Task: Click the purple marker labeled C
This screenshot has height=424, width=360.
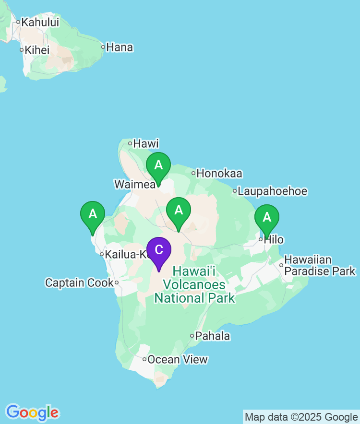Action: pos(159,250)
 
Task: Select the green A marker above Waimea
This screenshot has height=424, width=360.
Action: pos(158,165)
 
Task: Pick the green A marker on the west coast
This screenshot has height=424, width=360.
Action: pos(93,214)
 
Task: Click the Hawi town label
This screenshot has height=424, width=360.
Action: pos(145,143)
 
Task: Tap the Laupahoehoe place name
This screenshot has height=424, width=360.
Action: pos(272,191)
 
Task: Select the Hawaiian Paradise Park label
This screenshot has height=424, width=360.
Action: pos(320,266)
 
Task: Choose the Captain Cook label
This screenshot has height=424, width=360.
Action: pos(79,283)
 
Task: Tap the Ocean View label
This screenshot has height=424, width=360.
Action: pos(178,359)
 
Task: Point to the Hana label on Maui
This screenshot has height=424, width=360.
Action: pos(120,47)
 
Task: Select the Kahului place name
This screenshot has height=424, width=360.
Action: pos(40,22)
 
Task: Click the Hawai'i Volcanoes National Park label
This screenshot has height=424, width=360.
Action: pos(194,285)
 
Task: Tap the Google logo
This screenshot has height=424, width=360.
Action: pos(32,412)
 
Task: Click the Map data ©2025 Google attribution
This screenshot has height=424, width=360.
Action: pos(301,417)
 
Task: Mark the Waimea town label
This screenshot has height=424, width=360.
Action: pos(134,184)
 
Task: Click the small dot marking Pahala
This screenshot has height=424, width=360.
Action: pos(192,336)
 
